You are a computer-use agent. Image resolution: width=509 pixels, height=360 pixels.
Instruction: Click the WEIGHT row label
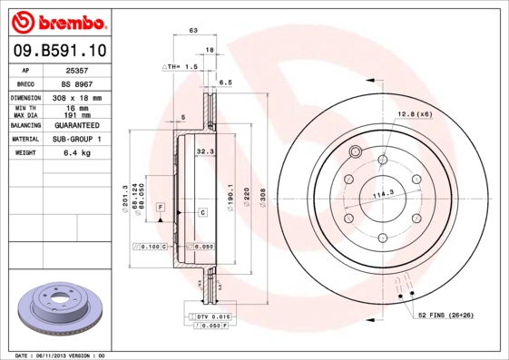(24, 153)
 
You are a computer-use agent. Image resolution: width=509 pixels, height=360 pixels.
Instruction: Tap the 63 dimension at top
(193, 32)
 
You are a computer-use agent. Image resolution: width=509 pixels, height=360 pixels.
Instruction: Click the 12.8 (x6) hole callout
(413, 114)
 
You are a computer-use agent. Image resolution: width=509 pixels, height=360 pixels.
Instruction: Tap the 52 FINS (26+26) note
(445, 314)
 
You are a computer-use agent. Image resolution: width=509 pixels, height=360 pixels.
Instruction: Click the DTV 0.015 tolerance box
(210, 315)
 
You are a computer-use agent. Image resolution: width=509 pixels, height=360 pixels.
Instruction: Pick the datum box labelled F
(160, 208)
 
